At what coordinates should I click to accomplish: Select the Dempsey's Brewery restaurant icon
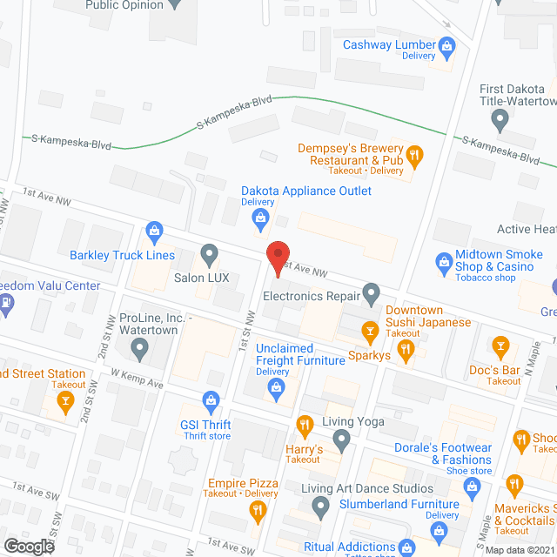pyautogui.click(x=415, y=155)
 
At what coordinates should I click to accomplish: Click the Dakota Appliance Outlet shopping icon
pyautogui.click(x=259, y=222)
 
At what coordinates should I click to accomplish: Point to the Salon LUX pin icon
pyautogui.click(x=209, y=255)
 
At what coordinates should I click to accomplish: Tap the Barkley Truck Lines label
pyautogui.click(x=122, y=256)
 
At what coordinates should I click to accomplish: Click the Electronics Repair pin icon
pyautogui.click(x=372, y=293)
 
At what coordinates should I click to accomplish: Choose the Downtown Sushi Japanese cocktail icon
pyautogui.click(x=371, y=330)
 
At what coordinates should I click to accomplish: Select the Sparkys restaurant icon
pyautogui.click(x=405, y=351)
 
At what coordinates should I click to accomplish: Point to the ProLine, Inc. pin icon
pyautogui.click(x=139, y=350)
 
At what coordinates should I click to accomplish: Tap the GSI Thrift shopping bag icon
pyautogui.click(x=209, y=401)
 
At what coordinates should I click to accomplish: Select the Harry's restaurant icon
pyautogui.click(x=304, y=426)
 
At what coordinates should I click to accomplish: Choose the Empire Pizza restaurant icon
pyautogui.click(x=257, y=510)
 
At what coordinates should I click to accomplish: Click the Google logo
pyautogui.click(x=29, y=546)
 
